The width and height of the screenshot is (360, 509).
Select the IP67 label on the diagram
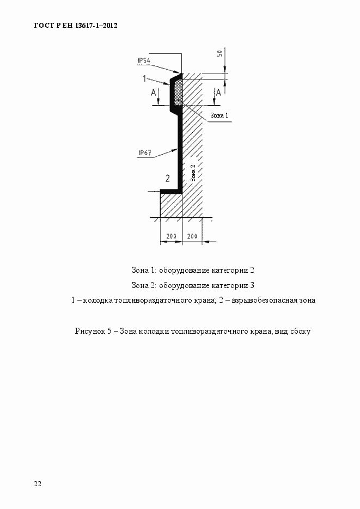(145, 153)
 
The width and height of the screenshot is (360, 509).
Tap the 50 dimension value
(219, 53)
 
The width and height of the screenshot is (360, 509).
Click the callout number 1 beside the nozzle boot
(144, 79)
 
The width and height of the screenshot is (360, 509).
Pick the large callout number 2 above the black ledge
(167, 178)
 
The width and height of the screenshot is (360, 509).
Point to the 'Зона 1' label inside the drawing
(218, 115)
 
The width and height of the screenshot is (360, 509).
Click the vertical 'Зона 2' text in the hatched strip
(193, 173)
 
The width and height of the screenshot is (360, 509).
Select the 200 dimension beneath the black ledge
(171, 236)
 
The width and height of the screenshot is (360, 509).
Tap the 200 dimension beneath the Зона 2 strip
(192, 236)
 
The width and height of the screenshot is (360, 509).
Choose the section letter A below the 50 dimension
(219, 93)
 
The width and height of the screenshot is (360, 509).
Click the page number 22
(38, 483)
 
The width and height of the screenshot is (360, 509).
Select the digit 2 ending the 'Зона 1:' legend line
(252, 269)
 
